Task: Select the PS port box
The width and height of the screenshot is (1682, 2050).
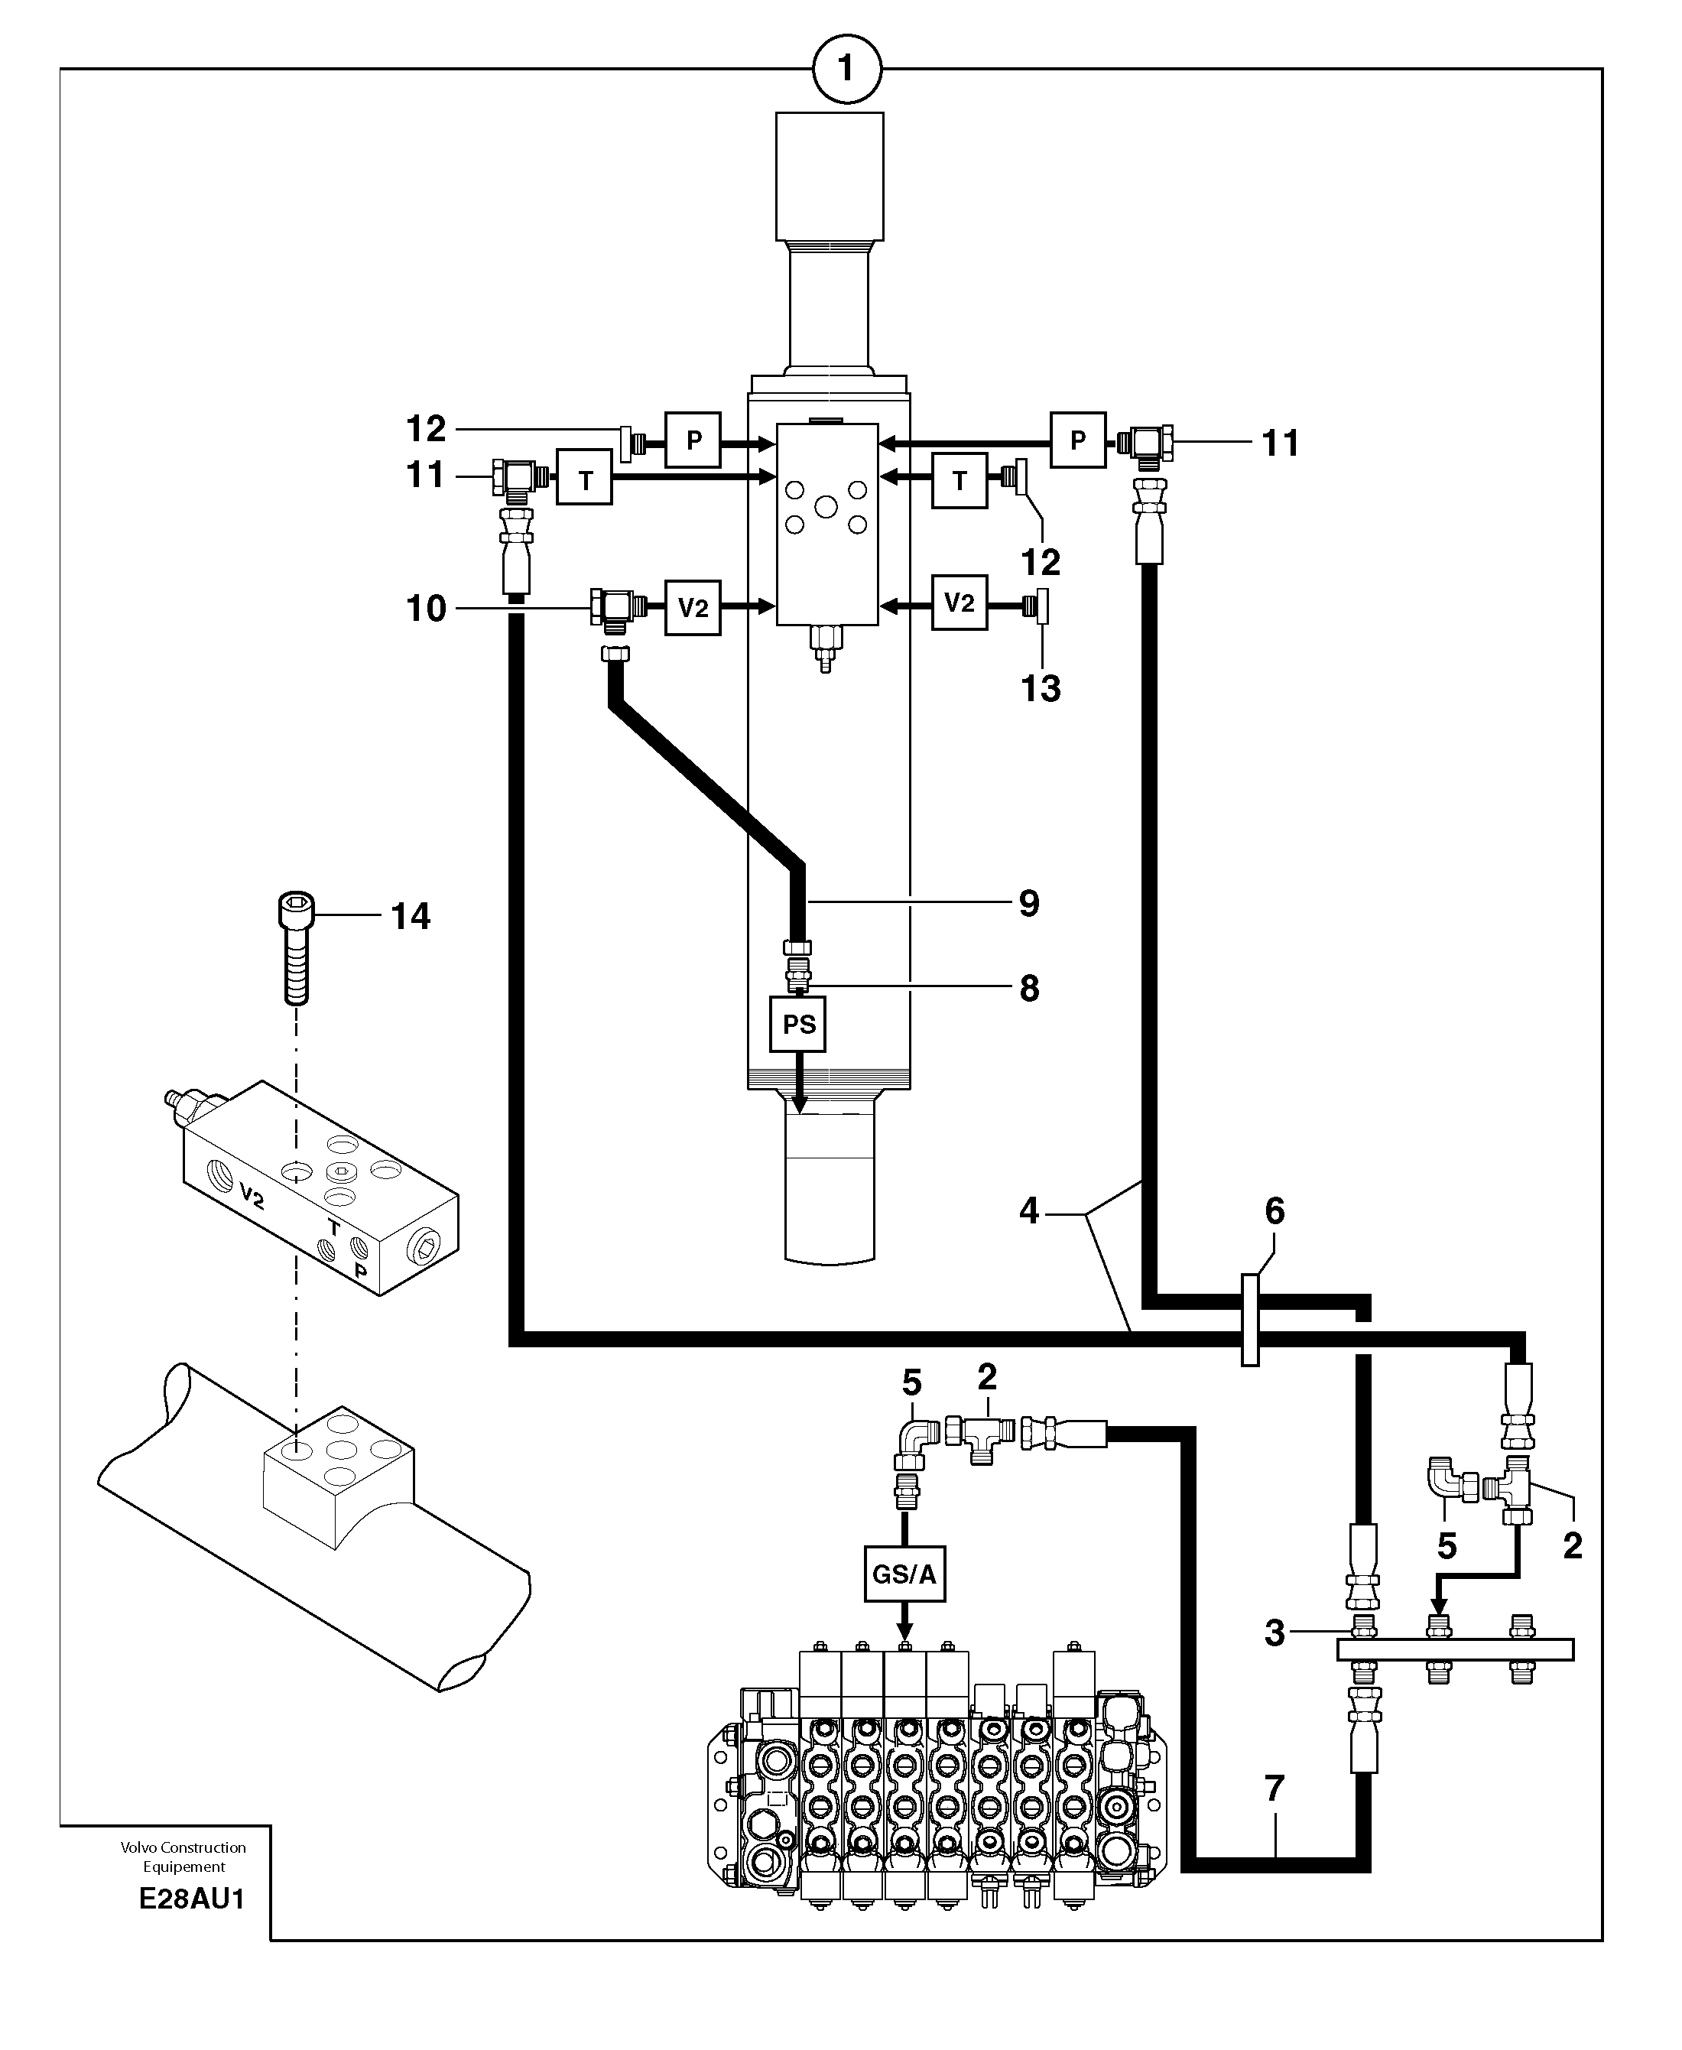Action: (x=797, y=1024)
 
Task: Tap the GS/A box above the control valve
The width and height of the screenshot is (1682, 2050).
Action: (x=904, y=1574)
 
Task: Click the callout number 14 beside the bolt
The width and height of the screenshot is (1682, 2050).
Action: (x=411, y=915)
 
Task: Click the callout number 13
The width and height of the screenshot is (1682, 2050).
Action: (x=1041, y=689)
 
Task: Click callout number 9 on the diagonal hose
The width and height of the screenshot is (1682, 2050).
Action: (x=1029, y=903)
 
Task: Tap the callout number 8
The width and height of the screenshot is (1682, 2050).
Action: (x=1029, y=988)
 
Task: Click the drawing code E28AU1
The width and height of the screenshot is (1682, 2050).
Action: (x=192, y=1898)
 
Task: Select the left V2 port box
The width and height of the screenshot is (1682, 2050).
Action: (x=693, y=607)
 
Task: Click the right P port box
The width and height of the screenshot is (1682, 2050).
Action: (x=1077, y=440)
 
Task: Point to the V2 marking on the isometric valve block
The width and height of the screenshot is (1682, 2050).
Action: (x=252, y=1197)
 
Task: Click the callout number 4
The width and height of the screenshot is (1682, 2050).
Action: (x=1029, y=1211)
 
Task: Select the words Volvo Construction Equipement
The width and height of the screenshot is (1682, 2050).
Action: (x=183, y=1857)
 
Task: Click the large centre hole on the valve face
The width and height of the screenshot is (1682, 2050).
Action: (x=826, y=505)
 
